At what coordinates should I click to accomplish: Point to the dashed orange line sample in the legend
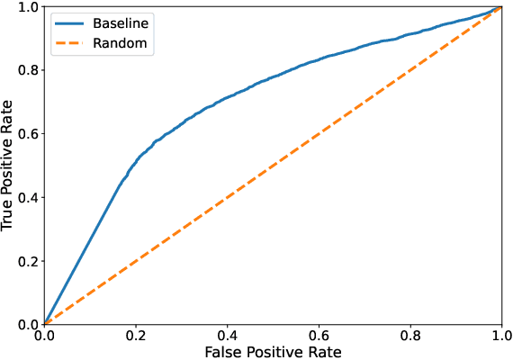[x=69, y=41]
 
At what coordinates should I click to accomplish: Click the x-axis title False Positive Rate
[x=273, y=350]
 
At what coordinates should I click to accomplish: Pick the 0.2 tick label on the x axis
[x=135, y=334]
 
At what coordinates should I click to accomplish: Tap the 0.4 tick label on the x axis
[x=227, y=334]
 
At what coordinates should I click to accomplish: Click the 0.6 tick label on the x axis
[x=319, y=334]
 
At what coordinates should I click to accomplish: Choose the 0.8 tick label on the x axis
[x=409, y=334]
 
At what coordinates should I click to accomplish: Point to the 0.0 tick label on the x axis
[x=44, y=334]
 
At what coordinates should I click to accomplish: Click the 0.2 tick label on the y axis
[x=28, y=261]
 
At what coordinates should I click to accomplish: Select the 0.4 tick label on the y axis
[x=28, y=197]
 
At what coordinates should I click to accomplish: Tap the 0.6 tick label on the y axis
[x=28, y=134]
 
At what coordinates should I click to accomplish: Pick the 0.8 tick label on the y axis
[x=28, y=70]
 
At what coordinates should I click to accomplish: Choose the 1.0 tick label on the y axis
[x=28, y=7]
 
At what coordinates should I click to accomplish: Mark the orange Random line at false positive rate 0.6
[x=319, y=134]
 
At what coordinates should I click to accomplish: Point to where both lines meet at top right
[x=500, y=7]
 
